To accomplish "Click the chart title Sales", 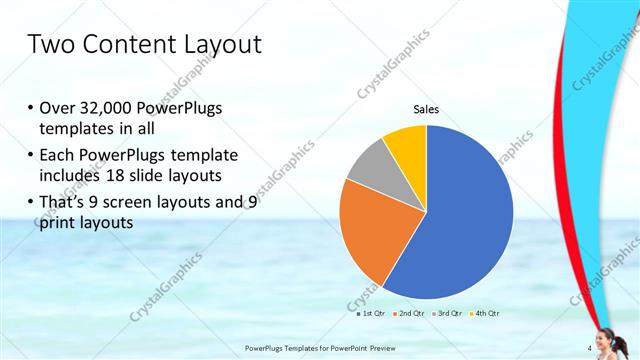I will (427, 109).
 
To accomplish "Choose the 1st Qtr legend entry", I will (372, 314).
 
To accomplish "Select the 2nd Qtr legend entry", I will (409, 314).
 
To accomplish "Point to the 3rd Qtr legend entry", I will (446, 314).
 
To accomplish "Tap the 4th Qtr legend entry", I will (483, 314).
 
